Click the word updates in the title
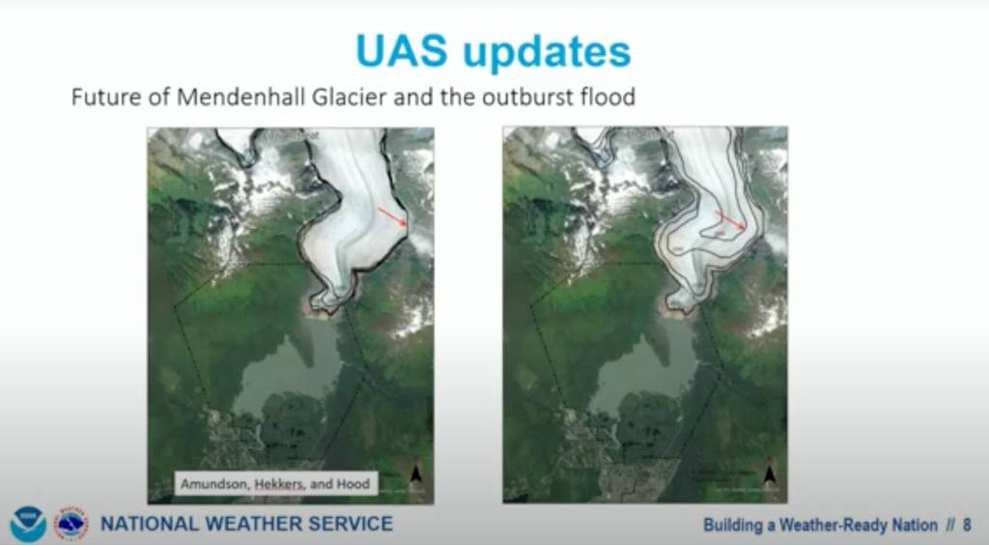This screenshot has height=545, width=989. click(x=548, y=52)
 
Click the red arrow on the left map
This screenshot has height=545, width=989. click(x=391, y=217)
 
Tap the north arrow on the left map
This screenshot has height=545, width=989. click(x=416, y=473)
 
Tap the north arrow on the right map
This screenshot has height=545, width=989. click(x=770, y=473)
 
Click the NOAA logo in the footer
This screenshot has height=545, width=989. click(x=28, y=524)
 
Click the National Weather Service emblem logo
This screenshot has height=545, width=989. click(x=71, y=524)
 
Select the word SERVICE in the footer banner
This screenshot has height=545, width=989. click(x=353, y=525)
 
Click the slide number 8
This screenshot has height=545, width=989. click(x=967, y=526)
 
